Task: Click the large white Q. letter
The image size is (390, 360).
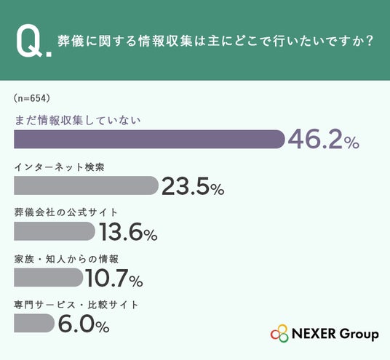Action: click(x=34, y=41)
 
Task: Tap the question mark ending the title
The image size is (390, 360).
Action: click(x=370, y=41)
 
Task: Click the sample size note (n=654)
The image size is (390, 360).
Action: click(x=32, y=98)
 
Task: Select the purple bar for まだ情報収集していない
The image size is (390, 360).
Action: click(x=149, y=139)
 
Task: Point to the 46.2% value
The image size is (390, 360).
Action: click(x=323, y=140)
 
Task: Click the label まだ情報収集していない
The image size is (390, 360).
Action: click(x=78, y=121)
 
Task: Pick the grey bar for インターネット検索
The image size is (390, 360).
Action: click(x=86, y=185)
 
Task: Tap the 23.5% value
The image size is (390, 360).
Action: click(x=193, y=186)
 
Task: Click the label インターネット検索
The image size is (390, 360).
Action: click(x=59, y=167)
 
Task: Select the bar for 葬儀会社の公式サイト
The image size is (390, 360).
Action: click(x=55, y=231)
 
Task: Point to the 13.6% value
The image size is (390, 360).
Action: click(x=129, y=232)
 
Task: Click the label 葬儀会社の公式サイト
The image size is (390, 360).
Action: click(x=66, y=212)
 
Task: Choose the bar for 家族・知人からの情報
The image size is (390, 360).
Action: click(x=49, y=277)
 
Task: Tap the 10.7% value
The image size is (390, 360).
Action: click(x=114, y=279)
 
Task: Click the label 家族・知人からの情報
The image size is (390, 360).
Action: click(x=66, y=260)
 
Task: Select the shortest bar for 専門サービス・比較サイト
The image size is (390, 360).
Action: click(x=34, y=323)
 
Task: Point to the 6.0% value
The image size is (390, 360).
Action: click(x=84, y=324)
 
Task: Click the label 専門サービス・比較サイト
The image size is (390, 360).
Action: click(x=76, y=305)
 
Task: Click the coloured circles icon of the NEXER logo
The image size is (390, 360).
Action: click(x=279, y=333)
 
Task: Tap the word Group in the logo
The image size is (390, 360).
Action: click(x=359, y=335)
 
